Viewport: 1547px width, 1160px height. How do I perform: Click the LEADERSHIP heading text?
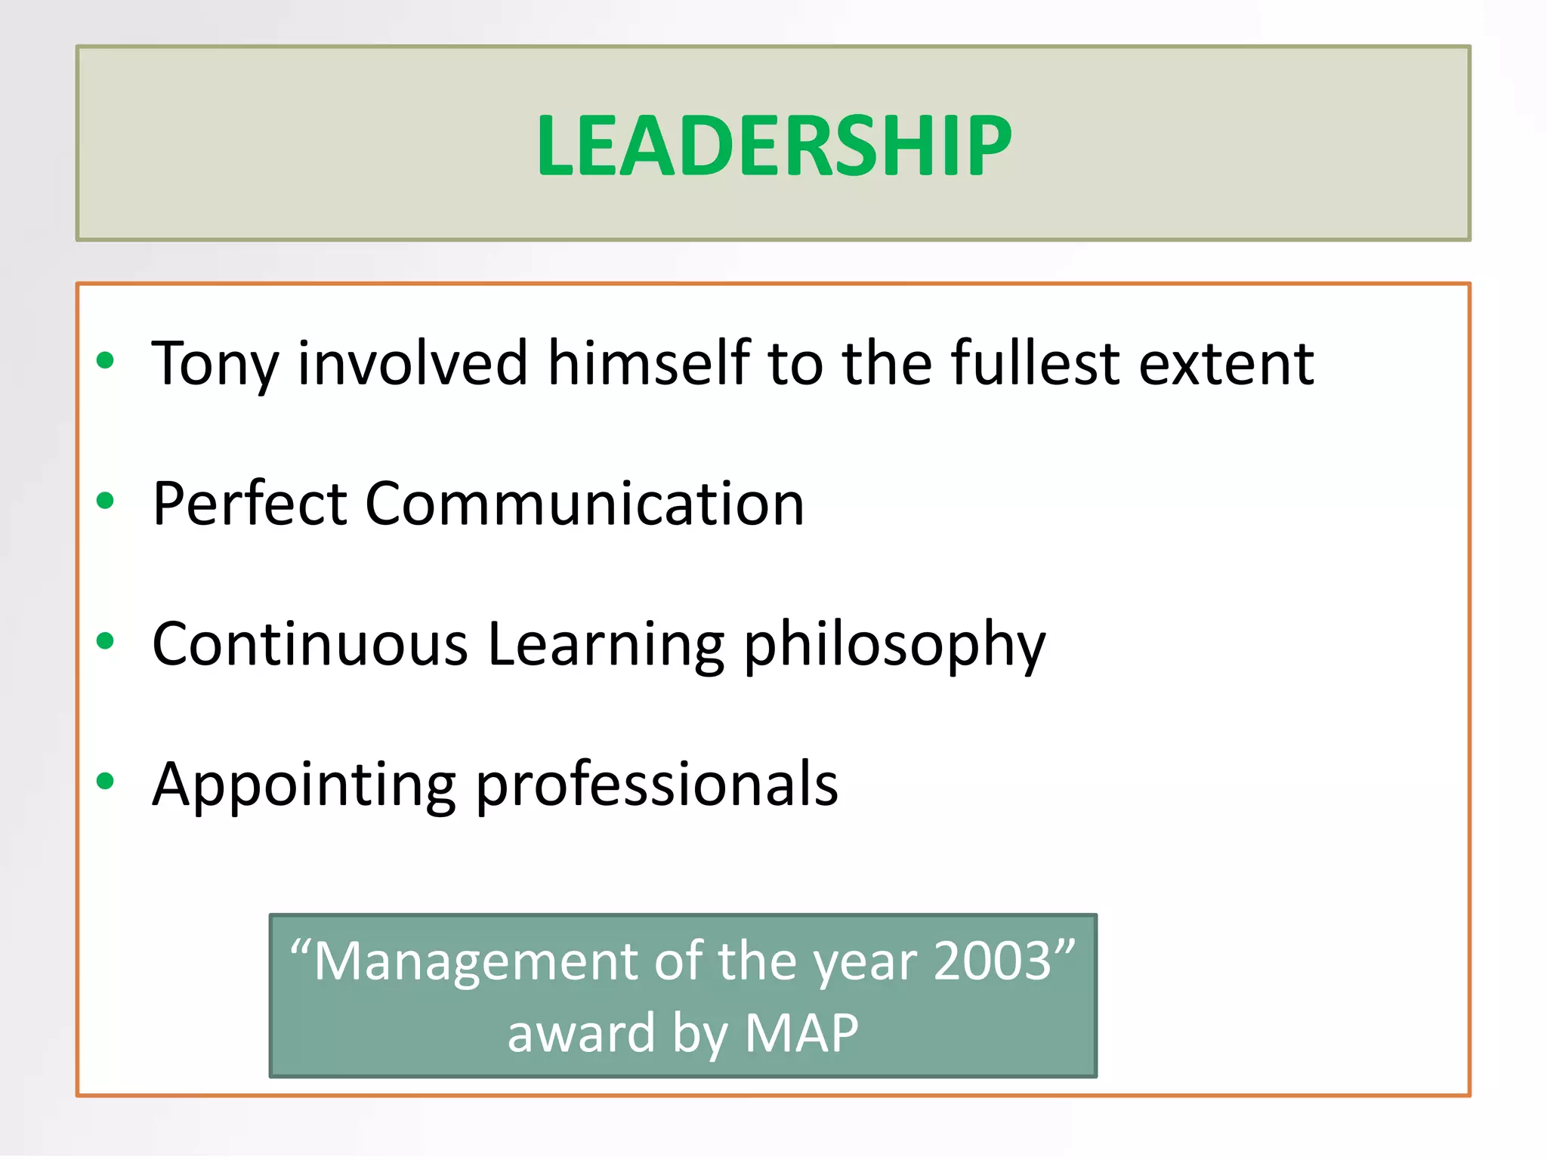pyautogui.click(x=773, y=145)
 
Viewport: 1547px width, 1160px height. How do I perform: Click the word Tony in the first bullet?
pyautogui.click(x=215, y=365)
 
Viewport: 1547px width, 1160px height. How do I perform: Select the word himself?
pyautogui.click(x=648, y=363)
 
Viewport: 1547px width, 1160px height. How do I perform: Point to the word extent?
pyautogui.click(x=1226, y=365)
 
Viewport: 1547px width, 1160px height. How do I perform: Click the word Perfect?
pyautogui.click(x=249, y=504)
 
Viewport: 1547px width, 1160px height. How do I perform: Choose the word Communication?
pyautogui.click(x=585, y=504)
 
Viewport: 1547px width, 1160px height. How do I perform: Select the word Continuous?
pyautogui.click(x=310, y=644)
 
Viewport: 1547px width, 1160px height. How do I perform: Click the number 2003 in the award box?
pyautogui.click(x=993, y=961)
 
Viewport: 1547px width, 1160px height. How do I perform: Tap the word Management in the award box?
pyautogui.click(x=476, y=961)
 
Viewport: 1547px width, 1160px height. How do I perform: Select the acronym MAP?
pyautogui.click(x=801, y=1032)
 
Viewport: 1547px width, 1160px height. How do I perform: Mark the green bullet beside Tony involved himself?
pyautogui.click(x=106, y=360)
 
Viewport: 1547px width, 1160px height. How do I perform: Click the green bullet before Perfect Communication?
pyautogui.click(x=106, y=500)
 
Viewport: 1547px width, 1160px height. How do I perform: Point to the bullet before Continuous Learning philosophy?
pyautogui.click(x=106, y=641)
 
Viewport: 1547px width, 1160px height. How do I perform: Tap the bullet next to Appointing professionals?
pyautogui.click(x=106, y=782)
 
